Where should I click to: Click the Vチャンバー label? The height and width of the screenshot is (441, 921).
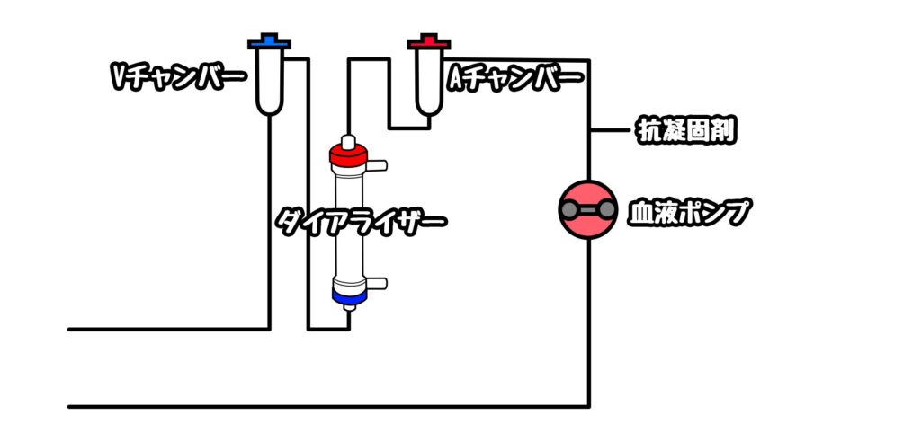(177, 77)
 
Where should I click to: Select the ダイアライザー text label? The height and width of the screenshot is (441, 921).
(362, 222)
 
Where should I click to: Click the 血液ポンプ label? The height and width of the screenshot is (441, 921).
(690, 212)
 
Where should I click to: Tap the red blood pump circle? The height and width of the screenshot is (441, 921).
(588, 209)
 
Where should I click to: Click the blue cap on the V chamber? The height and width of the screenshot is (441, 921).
(270, 42)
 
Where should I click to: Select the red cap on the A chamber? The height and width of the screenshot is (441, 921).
(429, 42)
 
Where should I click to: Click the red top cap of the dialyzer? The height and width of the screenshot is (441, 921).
(348, 154)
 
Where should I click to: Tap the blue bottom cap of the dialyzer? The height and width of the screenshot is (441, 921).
(349, 296)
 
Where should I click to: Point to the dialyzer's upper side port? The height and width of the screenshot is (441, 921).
(377, 166)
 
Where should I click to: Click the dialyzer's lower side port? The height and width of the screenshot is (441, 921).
(377, 283)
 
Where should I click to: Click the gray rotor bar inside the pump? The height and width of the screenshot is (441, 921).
(588, 209)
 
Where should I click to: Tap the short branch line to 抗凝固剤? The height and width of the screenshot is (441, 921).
(611, 130)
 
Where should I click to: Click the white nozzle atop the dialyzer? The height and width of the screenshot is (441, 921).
(348, 141)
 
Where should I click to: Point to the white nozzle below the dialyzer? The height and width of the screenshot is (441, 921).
(349, 306)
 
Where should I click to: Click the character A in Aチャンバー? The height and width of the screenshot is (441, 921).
(457, 78)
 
